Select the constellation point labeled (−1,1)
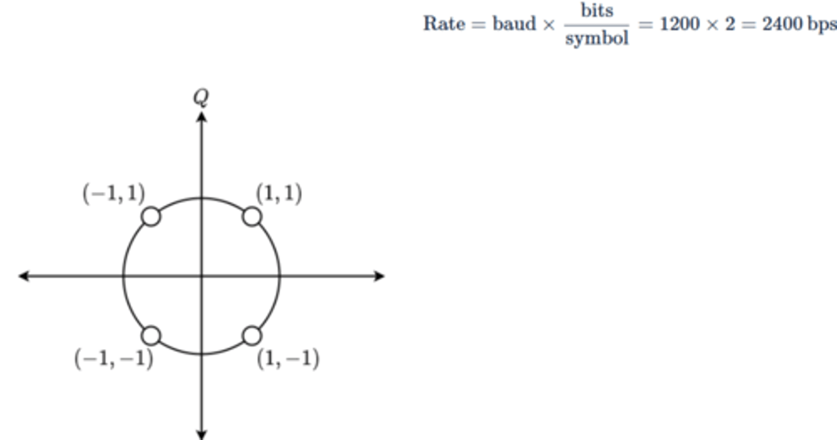click(x=151, y=217)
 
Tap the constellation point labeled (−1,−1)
click(x=151, y=335)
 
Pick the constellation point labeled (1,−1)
click(x=252, y=335)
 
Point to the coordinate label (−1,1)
click(x=114, y=194)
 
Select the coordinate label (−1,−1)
click(x=114, y=359)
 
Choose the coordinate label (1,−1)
click(x=288, y=359)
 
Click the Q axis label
click(x=201, y=98)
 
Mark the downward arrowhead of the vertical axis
click(x=202, y=434)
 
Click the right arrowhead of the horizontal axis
click(x=380, y=276)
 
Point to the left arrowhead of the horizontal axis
click(x=24, y=276)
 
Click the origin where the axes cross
click(x=202, y=276)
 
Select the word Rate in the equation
click(x=443, y=25)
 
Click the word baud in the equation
click(x=514, y=25)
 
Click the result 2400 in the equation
click(x=782, y=25)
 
